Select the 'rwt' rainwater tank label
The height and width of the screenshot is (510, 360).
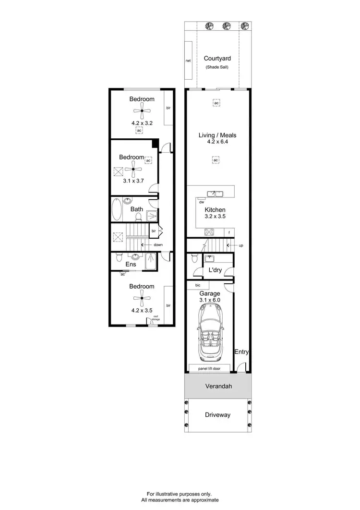pyautogui.click(x=188, y=61)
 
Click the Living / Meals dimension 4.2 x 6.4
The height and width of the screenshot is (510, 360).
pyautogui.click(x=217, y=143)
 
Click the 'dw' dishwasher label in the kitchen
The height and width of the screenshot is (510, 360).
pyautogui.click(x=202, y=202)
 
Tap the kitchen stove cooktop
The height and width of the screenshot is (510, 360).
pyautogui.click(x=209, y=232)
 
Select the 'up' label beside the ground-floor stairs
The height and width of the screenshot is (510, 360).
pyautogui.click(x=240, y=245)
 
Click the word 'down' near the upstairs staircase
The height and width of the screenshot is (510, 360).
pyautogui.click(x=158, y=245)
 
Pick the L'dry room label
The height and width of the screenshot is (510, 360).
pyautogui.click(x=215, y=271)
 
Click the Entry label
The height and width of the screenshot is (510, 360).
pyautogui.click(x=241, y=352)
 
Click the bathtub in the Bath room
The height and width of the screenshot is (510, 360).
pyautogui.click(x=117, y=210)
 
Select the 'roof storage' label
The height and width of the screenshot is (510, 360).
pyautogui.click(x=156, y=317)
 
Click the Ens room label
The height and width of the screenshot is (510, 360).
pyautogui.click(x=131, y=264)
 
